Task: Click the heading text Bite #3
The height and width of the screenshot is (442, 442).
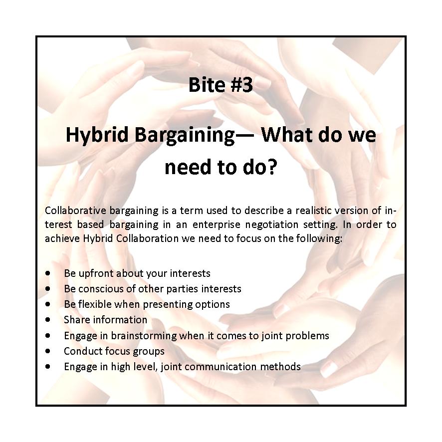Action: pos(221,85)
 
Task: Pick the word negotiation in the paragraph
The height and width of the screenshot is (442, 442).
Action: pos(272,224)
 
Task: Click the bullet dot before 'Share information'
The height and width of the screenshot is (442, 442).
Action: pos(47,320)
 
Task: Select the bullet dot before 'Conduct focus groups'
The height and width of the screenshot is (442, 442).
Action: pos(47,351)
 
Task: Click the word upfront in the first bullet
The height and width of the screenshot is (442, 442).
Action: pos(96,273)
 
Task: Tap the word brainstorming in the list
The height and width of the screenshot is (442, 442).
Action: pos(144,335)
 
